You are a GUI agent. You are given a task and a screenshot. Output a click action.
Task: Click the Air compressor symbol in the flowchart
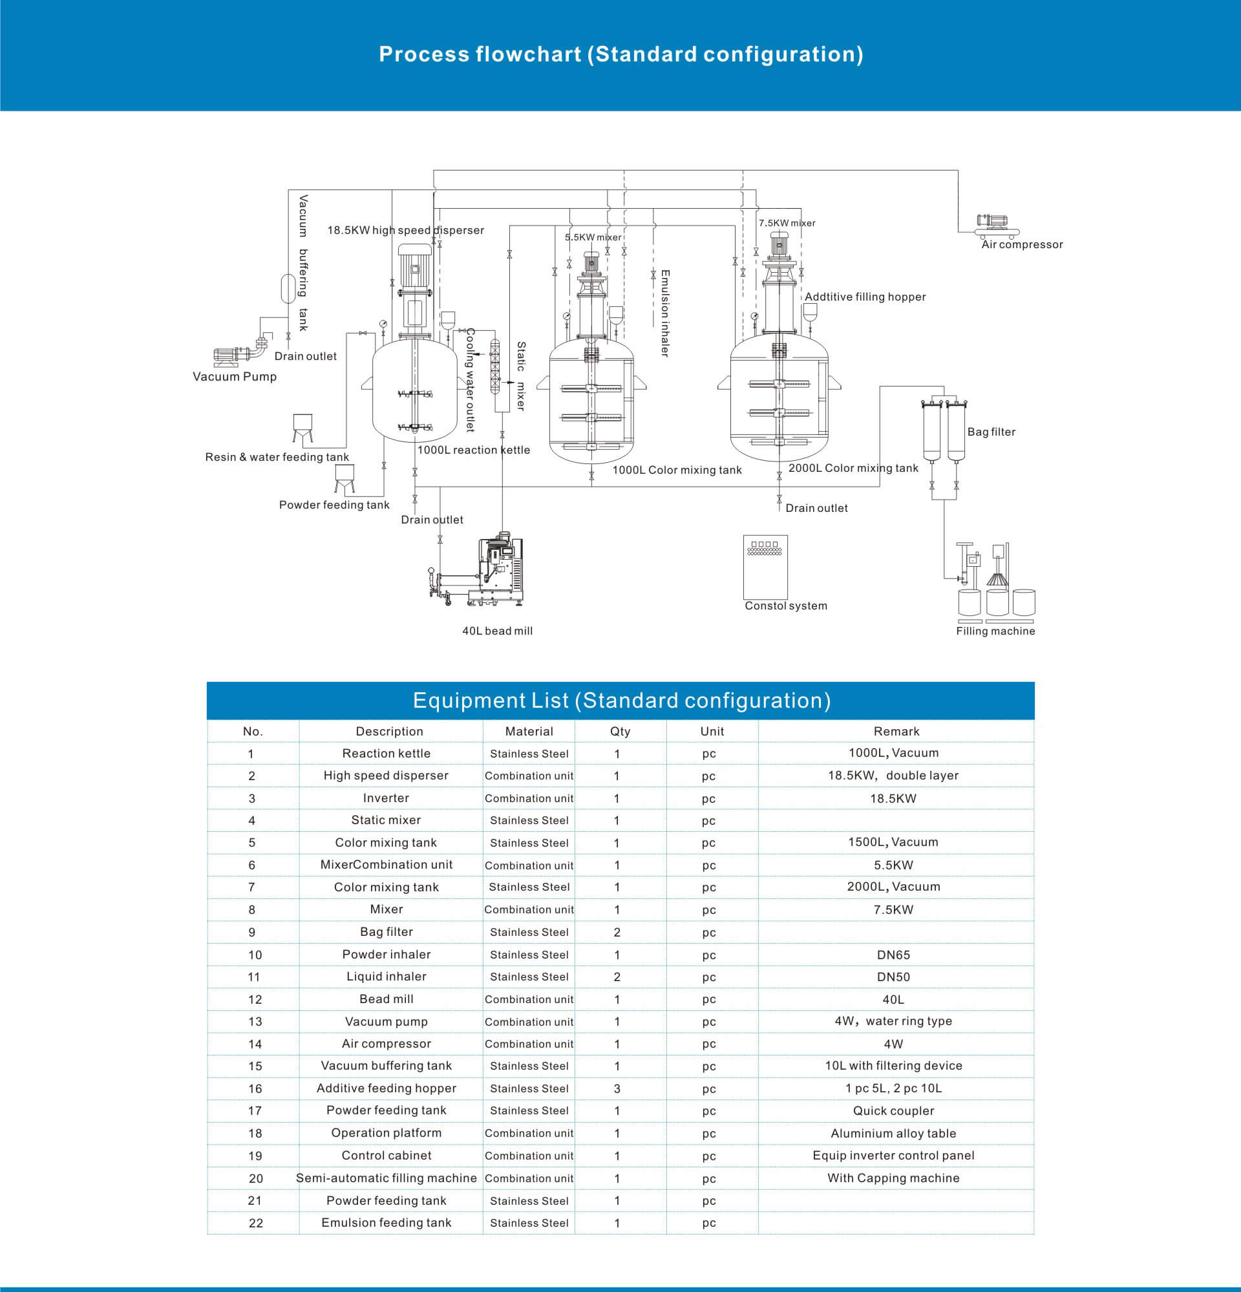[997, 226]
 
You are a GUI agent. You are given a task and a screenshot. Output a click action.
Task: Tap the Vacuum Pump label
[235, 376]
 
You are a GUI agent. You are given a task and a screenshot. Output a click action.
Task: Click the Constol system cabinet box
[765, 566]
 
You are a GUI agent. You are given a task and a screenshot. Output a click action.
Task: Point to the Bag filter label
[992, 432]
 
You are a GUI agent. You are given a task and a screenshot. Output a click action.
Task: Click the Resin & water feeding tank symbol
[302, 428]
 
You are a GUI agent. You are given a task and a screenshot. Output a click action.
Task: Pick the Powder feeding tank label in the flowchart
[334, 505]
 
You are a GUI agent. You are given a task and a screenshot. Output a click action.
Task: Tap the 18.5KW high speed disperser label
[405, 230]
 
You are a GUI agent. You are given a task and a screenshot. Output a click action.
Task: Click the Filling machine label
[995, 631]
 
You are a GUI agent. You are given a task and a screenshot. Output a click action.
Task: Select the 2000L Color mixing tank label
[853, 468]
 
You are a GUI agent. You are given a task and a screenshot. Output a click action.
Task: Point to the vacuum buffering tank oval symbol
[288, 288]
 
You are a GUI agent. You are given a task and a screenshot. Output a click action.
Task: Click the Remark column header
[896, 731]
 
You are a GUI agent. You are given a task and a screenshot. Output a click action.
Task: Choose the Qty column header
[620, 731]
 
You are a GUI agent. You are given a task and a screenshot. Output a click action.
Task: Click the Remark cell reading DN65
[893, 955]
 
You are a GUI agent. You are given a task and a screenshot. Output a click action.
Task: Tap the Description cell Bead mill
[387, 999]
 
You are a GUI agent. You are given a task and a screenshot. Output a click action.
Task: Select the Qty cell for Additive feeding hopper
[617, 1088]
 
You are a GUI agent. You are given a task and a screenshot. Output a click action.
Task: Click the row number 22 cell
[256, 1223]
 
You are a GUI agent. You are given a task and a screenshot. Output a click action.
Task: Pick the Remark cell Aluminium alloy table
[893, 1133]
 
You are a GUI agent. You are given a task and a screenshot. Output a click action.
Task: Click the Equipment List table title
[622, 700]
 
